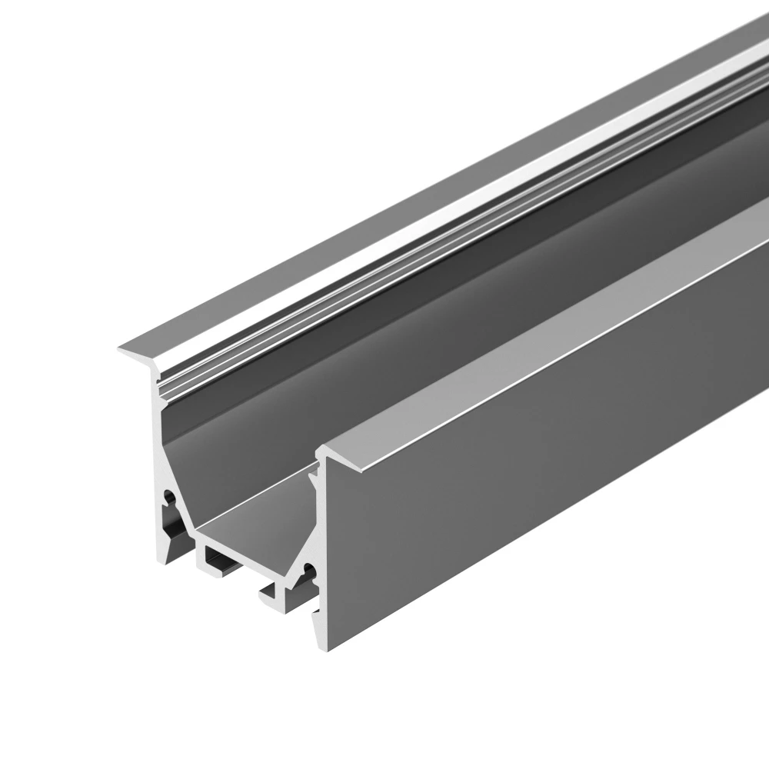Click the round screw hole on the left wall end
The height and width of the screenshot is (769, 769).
(x=168, y=498)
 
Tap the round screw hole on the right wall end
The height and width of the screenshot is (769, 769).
(x=309, y=570)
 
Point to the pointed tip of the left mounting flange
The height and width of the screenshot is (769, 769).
(x=119, y=351)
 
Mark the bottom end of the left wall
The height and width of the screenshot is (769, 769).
(x=166, y=552)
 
